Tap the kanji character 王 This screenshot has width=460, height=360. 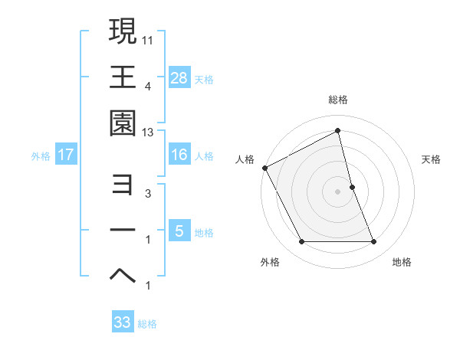123,77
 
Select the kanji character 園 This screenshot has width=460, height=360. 123,124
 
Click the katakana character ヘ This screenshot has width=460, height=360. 123,277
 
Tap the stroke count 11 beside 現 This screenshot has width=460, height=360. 148,38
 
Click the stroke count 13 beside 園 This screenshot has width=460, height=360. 148,133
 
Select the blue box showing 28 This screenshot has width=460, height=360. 179,77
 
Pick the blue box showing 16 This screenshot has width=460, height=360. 179,155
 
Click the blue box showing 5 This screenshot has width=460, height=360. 179,231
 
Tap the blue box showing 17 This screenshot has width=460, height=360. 66,155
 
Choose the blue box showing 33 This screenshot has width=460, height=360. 123,322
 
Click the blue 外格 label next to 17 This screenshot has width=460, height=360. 41,156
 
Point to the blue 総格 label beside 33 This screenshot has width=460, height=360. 148,324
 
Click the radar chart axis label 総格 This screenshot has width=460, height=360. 338,100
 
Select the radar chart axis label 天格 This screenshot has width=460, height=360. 432,159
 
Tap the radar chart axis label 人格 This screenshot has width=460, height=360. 245,159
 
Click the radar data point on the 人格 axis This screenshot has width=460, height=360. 264,168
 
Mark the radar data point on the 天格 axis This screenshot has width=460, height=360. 353,186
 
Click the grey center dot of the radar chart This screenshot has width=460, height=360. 338,191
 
